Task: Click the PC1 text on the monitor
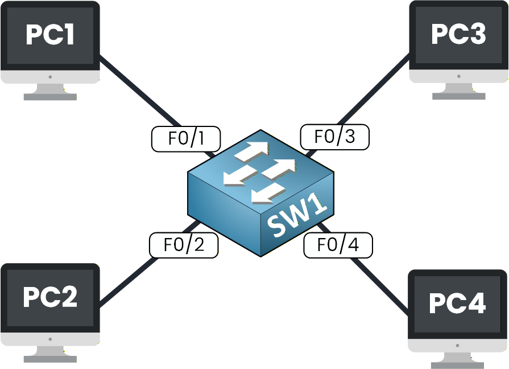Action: pyautogui.click(x=50, y=35)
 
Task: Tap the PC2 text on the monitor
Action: pyautogui.click(x=50, y=297)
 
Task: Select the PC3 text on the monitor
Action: pyautogui.click(x=458, y=34)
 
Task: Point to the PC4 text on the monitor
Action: pyautogui.click(x=457, y=304)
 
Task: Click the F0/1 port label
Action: pyautogui.click(x=186, y=139)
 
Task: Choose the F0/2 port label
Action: pyautogui.click(x=184, y=245)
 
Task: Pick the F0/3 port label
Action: pyautogui.click(x=335, y=137)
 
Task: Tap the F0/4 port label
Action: pyautogui.click(x=338, y=245)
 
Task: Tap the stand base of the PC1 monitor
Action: pyautogui.click(x=50, y=97)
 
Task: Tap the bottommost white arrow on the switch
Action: pyautogui.click(x=267, y=194)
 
